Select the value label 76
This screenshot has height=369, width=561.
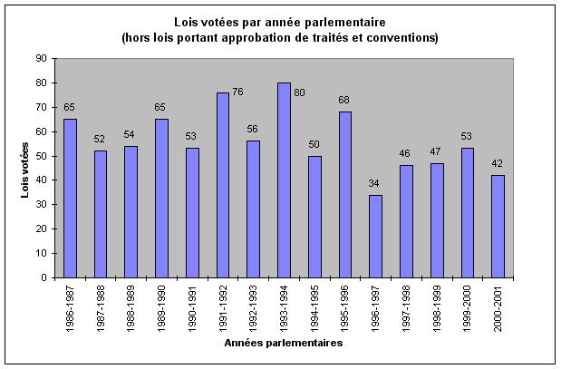coord(238,92)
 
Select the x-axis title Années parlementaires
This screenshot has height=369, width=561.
coord(282,344)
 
